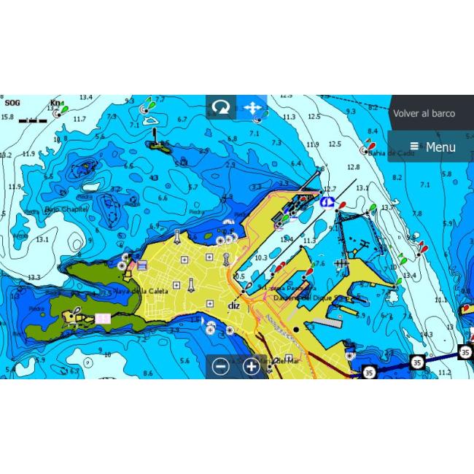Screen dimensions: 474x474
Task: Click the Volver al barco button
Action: coord(424,114)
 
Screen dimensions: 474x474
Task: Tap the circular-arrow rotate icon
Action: coord(220,108)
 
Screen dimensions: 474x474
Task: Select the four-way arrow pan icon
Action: coord(252,108)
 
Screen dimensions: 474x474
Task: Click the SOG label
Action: coord(12,104)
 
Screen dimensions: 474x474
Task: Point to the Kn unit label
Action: coord(55,104)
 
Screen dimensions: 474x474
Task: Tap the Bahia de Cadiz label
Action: coord(392,153)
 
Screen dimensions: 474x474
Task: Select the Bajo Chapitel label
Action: coord(66,209)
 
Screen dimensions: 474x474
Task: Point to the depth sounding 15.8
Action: coord(7,117)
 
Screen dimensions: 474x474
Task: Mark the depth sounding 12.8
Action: coord(353,168)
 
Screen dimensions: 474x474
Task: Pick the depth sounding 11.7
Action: coord(79,119)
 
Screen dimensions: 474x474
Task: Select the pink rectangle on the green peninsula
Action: coord(103,319)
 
